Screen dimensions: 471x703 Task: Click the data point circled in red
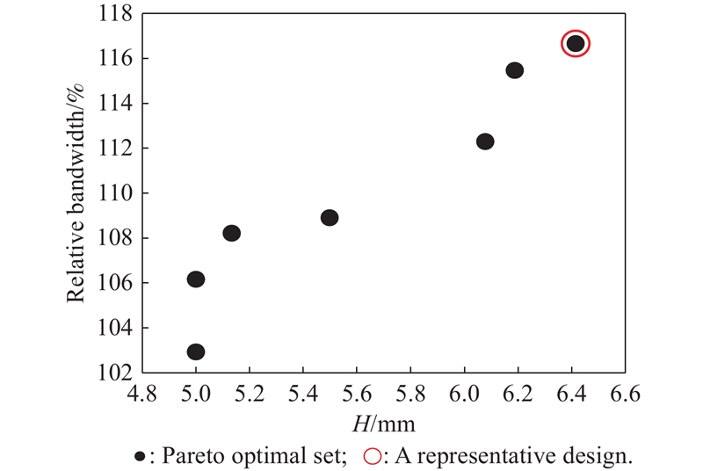tap(575, 44)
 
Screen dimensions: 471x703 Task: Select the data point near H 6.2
tap(515, 70)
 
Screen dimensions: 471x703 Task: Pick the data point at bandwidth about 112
tap(485, 141)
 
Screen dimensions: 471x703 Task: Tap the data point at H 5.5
tap(330, 218)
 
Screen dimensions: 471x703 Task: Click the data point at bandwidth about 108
tap(231, 233)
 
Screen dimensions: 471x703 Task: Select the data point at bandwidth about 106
tap(196, 279)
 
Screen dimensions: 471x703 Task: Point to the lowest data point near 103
tap(196, 351)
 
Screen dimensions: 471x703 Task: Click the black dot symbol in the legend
tap(141, 456)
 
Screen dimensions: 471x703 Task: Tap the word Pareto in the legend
tap(185, 456)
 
